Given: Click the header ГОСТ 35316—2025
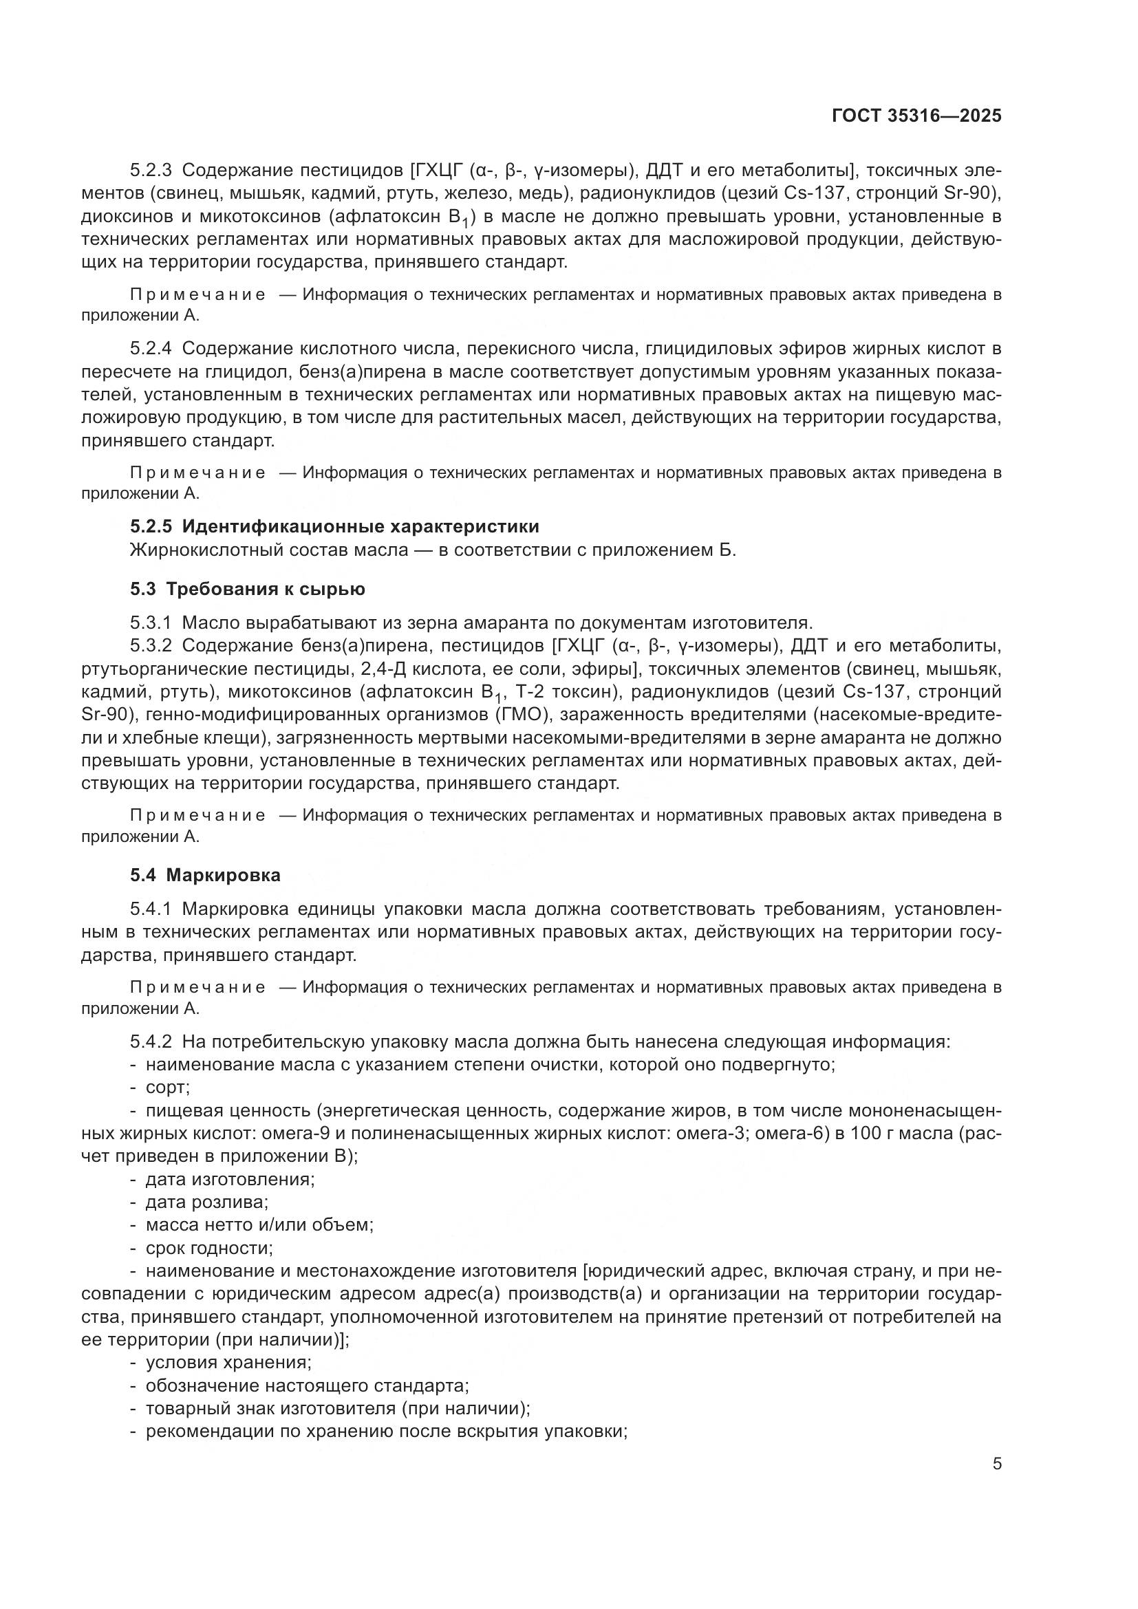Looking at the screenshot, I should [x=916, y=116].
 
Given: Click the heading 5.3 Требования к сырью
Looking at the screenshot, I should [x=248, y=589].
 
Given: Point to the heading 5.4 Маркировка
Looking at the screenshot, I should [x=205, y=875].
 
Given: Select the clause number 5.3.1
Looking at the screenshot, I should [x=151, y=623].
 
